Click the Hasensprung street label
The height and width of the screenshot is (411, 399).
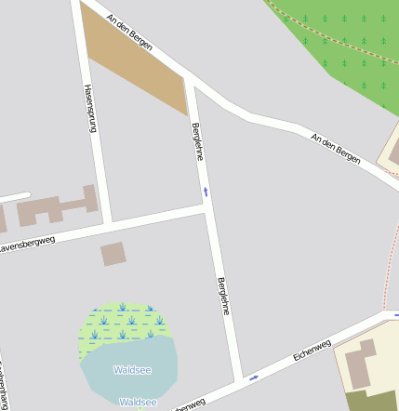(90, 109)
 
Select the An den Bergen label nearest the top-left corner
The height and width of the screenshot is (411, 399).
(129, 32)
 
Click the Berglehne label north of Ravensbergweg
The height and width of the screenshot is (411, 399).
(197, 140)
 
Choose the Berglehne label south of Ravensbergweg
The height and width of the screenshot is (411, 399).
(223, 297)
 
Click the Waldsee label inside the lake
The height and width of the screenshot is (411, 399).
(132, 369)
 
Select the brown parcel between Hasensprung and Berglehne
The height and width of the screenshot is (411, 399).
(140, 65)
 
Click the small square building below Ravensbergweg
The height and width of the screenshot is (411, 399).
(113, 253)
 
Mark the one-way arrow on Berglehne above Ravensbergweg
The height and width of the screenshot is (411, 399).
(206, 192)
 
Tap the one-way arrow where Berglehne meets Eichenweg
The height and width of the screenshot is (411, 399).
(253, 378)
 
